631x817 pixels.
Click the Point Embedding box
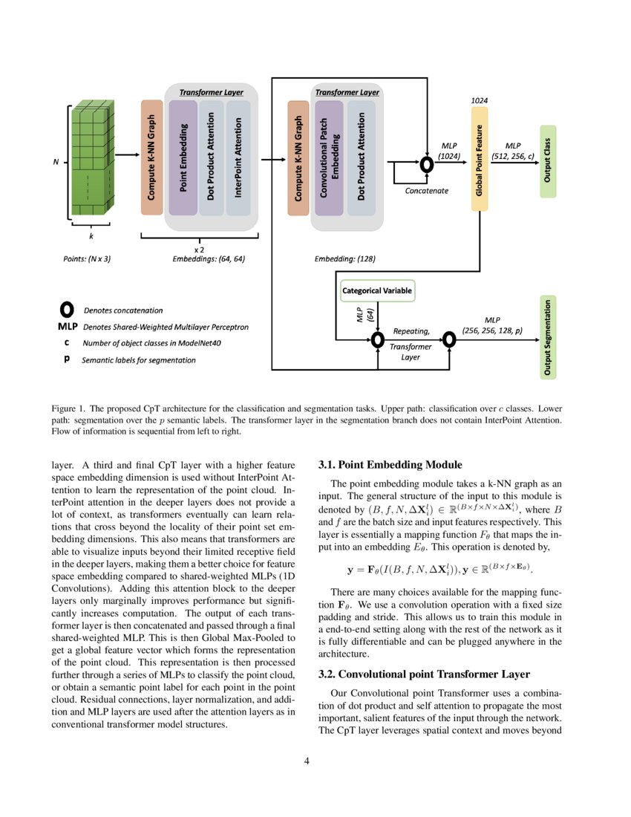click(183, 158)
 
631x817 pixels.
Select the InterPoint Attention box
click(238, 158)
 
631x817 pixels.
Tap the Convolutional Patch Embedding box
click(329, 158)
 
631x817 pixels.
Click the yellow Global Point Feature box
click(480, 158)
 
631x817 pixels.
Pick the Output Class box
click(548, 162)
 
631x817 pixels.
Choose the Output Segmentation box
click(548, 336)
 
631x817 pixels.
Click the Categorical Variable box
click(376, 290)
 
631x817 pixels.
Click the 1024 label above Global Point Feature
click(480, 100)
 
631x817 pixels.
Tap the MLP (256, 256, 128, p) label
click(492, 325)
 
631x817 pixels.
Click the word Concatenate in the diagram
click(426, 191)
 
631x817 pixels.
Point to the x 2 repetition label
click(199, 250)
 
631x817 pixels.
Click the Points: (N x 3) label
click(87, 260)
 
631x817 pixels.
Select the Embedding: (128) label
click(345, 260)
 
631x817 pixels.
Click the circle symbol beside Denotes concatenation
click(66, 309)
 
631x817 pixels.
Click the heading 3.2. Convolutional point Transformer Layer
click(424, 674)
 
